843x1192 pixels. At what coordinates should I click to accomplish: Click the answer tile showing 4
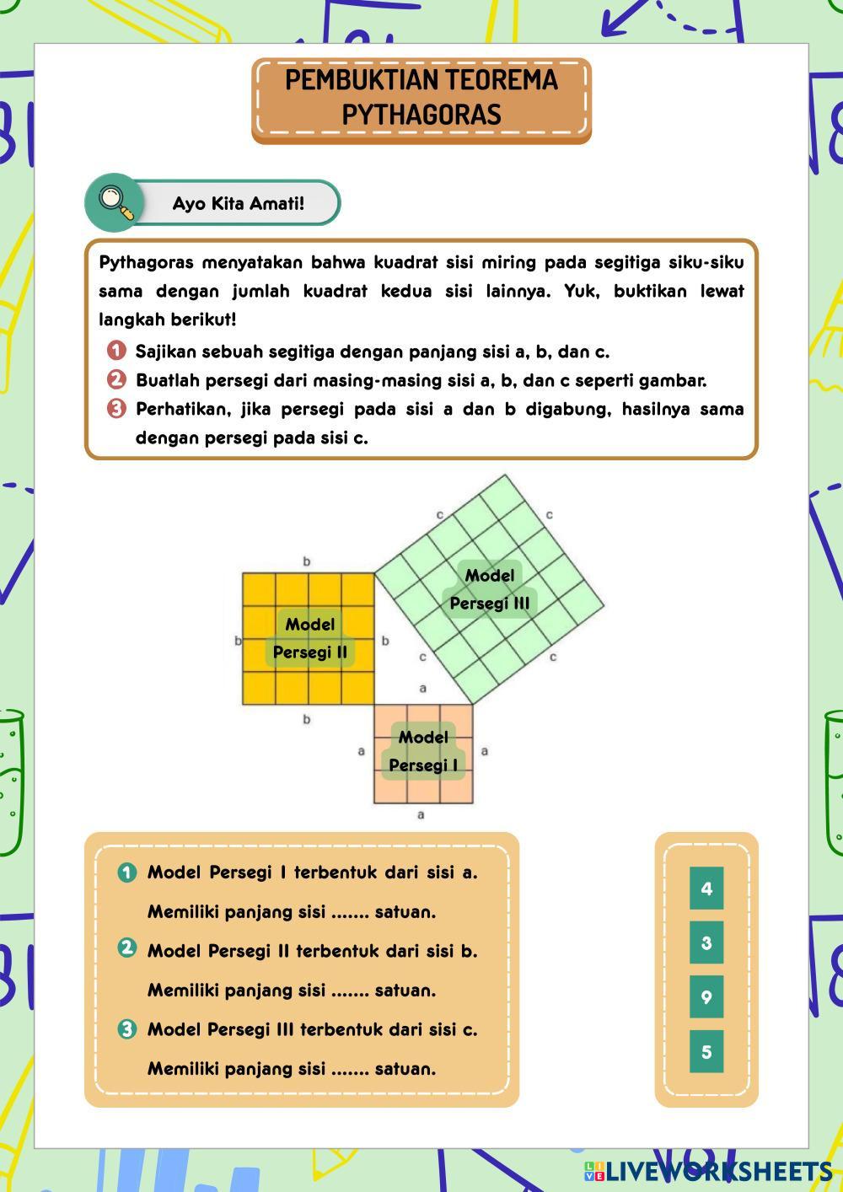tap(706, 889)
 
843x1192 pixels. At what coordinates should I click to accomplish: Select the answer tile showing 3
tap(706, 942)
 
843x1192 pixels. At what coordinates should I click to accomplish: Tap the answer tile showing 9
tap(706, 997)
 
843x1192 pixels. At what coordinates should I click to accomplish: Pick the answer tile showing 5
tap(706, 1051)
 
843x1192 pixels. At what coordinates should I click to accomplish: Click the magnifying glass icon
tap(115, 202)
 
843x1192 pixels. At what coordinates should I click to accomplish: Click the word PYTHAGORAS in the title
tap(421, 115)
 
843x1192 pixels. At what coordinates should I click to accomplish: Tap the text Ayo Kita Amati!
tap(239, 204)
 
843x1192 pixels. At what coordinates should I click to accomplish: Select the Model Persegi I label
tap(423, 751)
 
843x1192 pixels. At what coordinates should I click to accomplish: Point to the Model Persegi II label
tap(310, 638)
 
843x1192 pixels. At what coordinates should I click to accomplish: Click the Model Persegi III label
tap(490, 589)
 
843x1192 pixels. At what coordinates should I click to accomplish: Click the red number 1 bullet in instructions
tap(117, 351)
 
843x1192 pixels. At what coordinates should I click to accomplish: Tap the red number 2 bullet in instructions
tap(117, 379)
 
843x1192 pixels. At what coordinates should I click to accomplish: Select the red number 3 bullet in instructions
tap(117, 409)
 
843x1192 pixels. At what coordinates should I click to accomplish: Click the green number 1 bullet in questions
tap(127, 873)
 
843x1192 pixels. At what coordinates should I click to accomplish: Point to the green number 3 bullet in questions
tap(127, 1029)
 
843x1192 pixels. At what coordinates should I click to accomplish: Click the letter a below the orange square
tap(421, 815)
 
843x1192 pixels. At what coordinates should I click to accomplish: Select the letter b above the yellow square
tap(307, 561)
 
